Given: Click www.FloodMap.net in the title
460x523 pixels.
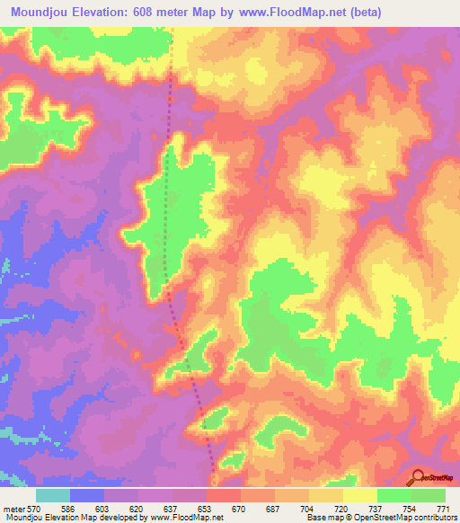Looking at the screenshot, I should click(286, 13).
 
